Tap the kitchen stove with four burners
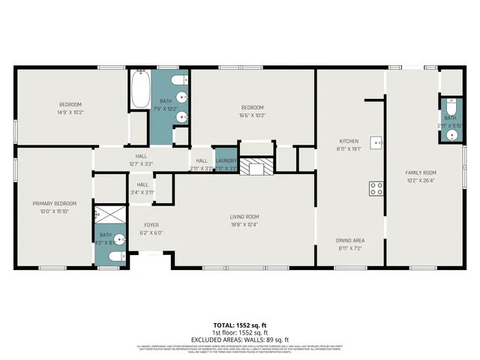pyautogui.click(x=376, y=188)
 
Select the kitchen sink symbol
pyautogui.click(x=380, y=141)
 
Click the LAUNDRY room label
pyautogui.click(x=226, y=160)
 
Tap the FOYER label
pyautogui.click(x=151, y=225)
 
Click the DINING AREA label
pyautogui.click(x=350, y=241)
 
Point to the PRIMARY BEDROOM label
pyautogui.click(x=54, y=203)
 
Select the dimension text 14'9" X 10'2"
pyautogui.click(x=70, y=112)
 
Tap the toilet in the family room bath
pyautogui.click(x=450, y=106)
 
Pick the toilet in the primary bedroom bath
pyautogui.click(x=113, y=257)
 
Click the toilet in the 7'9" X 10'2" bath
pyautogui.click(x=175, y=80)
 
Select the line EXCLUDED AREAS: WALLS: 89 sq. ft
pyautogui.click(x=239, y=339)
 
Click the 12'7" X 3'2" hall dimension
pyautogui.click(x=140, y=164)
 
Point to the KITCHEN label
pyautogui.click(x=349, y=141)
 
